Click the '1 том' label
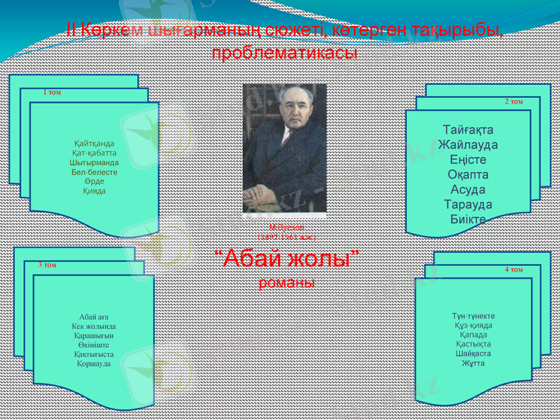coord(52,92)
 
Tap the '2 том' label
coord(514,101)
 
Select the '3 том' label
coord(47,265)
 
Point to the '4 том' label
coord(513,269)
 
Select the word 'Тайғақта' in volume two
coord(468,130)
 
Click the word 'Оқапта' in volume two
coord(468,175)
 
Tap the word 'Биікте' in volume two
coord(468,220)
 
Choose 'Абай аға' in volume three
coord(94,317)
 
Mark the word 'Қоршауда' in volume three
coord(94,364)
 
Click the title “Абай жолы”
coord(286,259)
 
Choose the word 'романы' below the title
coord(286,283)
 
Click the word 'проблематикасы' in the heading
coord(284,53)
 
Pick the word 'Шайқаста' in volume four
coord(472,353)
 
